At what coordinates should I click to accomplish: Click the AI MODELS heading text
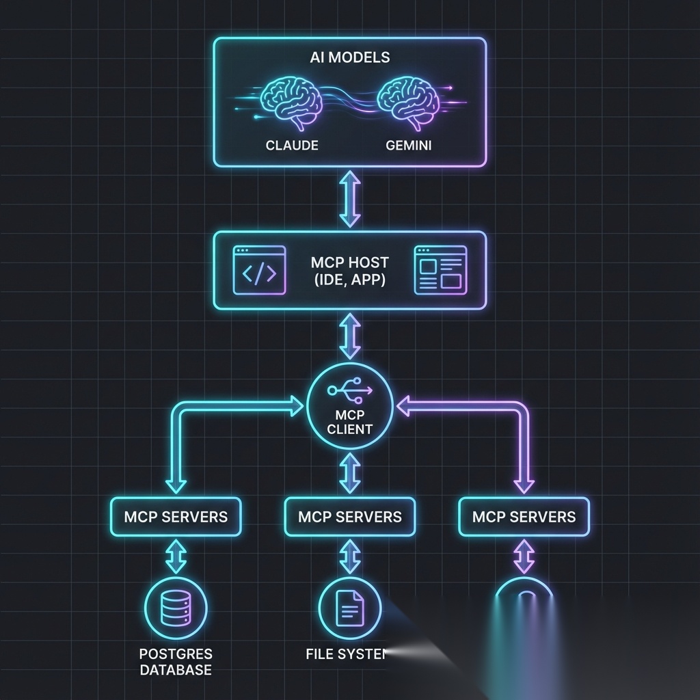pyautogui.click(x=349, y=57)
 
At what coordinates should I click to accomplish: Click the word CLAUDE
pyautogui.click(x=292, y=146)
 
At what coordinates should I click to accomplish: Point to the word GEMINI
pyautogui.click(x=408, y=146)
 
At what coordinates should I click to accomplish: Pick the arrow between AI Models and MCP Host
pyautogui.click(x=350, y=199)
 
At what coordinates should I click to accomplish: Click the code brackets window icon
pyautogui.click(x=260, y=271)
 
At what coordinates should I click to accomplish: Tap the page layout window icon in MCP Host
pyautogui.click(x=440, y=271)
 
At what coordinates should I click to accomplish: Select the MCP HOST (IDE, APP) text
pyautogui.click(x=349, y=271)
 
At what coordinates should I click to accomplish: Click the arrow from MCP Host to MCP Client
pyautogui.click(x=350, y=336)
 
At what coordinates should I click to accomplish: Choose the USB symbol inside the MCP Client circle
pyautogui.click(x=350, y=391)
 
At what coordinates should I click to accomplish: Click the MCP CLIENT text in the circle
pyautogui.click(x=350, y=422)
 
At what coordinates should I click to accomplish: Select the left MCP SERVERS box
pyautogui.click(x=176, y=516)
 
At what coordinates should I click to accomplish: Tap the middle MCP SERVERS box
pyautogui.click(x=350, y=516)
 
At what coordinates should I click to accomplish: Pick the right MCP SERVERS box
pyautogui.click(x=524, y=516)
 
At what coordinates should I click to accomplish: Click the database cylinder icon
pyautogui.click(x=176, y=607)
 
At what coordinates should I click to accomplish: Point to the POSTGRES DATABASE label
pyautogui.click(x=176, y=662)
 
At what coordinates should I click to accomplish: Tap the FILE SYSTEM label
pyautogui.click(x=346, y=654)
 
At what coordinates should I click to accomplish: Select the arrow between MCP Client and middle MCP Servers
pyautogui.click(x=350, y=471)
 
